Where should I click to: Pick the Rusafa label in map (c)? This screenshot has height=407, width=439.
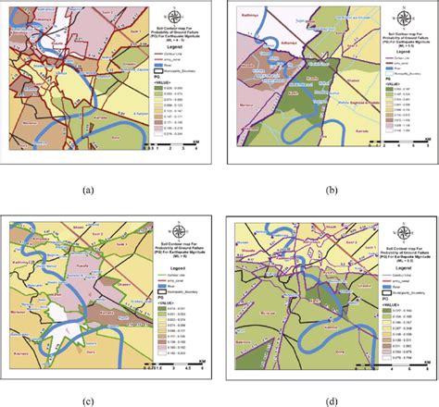(76, 262)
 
